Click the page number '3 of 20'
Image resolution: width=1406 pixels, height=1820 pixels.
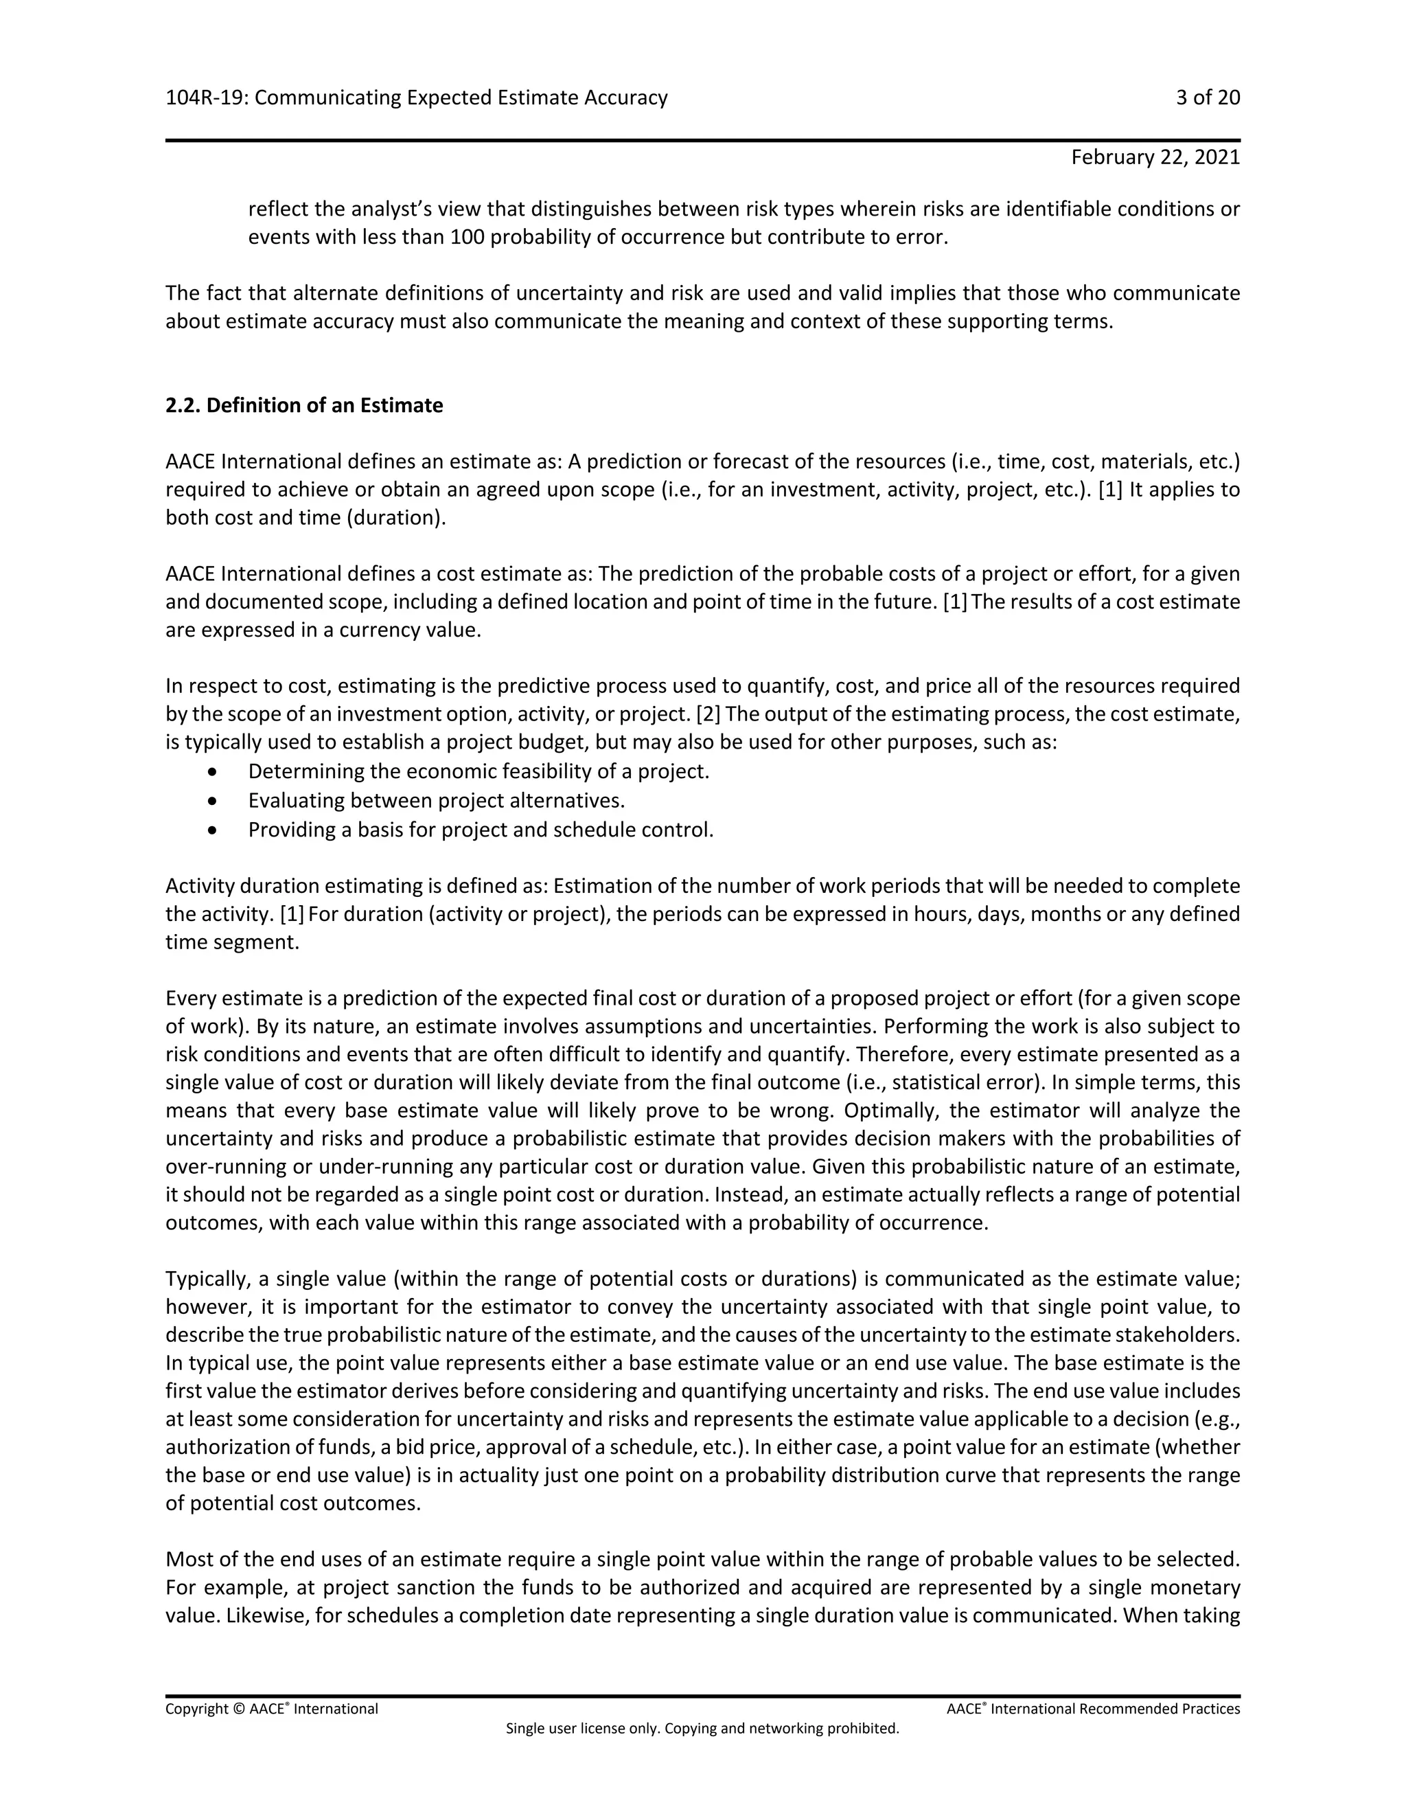tap(1207, 98)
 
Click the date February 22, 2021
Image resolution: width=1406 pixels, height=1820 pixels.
tap(1155, 157)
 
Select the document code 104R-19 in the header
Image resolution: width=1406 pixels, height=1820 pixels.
tap(205, 98)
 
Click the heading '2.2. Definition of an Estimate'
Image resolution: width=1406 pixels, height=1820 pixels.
tap(304, 405)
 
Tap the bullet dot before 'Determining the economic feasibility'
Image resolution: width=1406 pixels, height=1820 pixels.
tap(214, 772)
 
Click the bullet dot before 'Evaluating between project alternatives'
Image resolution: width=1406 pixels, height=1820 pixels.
tap(214, 801)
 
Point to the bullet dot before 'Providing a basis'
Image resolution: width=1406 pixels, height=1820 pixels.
tap(214, 830)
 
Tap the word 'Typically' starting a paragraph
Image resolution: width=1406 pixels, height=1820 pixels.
tap(203, 1279)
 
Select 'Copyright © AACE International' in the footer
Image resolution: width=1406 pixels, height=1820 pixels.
tap(272, 1709)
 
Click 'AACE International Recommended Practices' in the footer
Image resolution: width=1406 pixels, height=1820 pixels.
tap(1093, 1709)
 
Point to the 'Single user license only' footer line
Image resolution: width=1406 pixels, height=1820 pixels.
tap(702, 1729)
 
